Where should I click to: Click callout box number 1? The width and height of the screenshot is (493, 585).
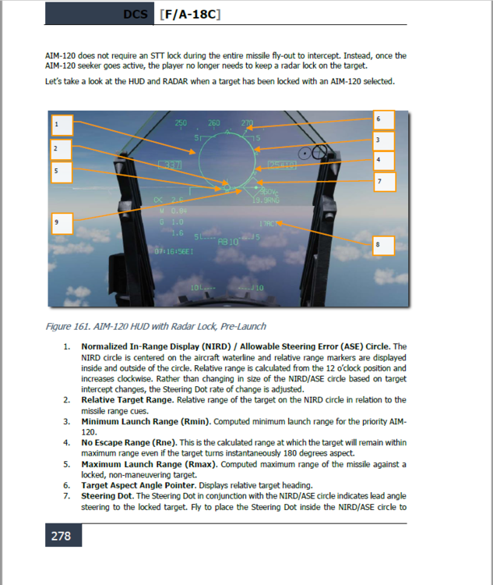62,125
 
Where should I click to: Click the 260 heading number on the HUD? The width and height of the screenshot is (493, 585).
214,123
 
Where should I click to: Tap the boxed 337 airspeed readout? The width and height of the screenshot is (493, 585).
171,165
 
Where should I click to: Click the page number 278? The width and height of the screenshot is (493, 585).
61,536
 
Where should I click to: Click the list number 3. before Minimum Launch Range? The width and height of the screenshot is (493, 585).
67,421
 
